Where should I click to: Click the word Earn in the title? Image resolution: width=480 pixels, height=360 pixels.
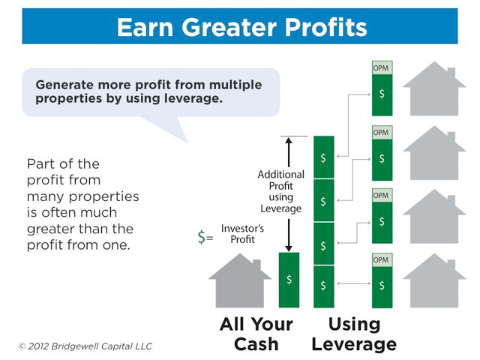tap(145, 27)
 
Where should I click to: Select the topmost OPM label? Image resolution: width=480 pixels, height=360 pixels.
tap(381, 68)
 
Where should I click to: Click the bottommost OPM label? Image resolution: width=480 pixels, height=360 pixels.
tap(381, 259)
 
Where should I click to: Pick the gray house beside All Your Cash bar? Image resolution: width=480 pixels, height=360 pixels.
tap(240, 280)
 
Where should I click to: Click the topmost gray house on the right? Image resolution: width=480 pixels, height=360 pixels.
tap(434, 88)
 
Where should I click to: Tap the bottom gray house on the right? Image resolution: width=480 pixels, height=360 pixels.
tap(434, 280)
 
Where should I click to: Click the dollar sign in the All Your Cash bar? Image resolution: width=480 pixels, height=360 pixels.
tap(289, 280)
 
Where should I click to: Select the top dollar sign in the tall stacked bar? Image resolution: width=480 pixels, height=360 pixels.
tap(323, 158)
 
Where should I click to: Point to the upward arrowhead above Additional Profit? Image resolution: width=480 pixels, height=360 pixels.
tap(288, 140)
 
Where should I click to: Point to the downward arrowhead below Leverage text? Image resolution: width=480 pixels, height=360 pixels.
tap(288, 248)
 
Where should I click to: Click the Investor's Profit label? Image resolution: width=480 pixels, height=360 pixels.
tap(242, 234)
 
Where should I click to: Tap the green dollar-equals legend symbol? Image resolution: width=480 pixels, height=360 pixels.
tap(205, 237)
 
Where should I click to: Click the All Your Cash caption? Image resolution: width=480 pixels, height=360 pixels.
tap(256, 334)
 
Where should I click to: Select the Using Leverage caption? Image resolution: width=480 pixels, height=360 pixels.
tap(354, 334)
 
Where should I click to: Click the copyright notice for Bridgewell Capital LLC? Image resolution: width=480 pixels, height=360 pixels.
tap(85, 346)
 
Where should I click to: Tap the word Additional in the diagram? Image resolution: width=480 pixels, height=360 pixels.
tap(281, 174)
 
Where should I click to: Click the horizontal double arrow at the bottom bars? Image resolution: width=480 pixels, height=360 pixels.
tap(353, 283)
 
